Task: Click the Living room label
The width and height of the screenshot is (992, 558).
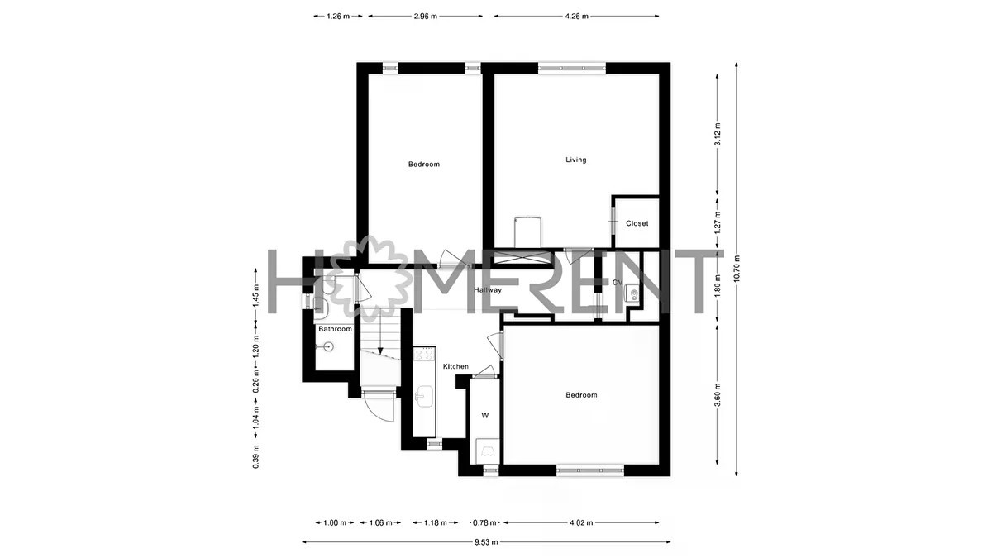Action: [575, 160]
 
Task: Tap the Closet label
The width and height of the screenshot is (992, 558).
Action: [637, 224]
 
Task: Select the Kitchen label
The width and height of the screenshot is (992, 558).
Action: [455, 367]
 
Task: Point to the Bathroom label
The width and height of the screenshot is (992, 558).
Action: [336, 329]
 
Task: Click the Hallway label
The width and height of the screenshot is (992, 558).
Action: [488, 290]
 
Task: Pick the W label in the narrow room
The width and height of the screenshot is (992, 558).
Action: [485, 415]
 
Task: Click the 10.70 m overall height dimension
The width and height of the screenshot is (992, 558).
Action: [736, 269]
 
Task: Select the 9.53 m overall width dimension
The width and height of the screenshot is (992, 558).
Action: [486, 542]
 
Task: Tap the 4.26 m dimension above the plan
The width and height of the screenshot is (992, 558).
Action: [576, 17]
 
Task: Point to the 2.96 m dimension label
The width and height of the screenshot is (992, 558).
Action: [425, 17]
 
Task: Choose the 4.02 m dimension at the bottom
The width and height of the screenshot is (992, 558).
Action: [581, 523]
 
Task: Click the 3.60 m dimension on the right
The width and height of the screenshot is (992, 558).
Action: [718, 394]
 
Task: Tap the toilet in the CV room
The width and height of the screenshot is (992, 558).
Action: [632, 293]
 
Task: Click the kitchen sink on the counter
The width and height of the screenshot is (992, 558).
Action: [424, 396]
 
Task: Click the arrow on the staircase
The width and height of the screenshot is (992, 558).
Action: [380, 331]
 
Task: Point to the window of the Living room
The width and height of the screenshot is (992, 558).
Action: [572, 68]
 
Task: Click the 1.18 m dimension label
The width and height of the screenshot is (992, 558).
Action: [436, 523]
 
